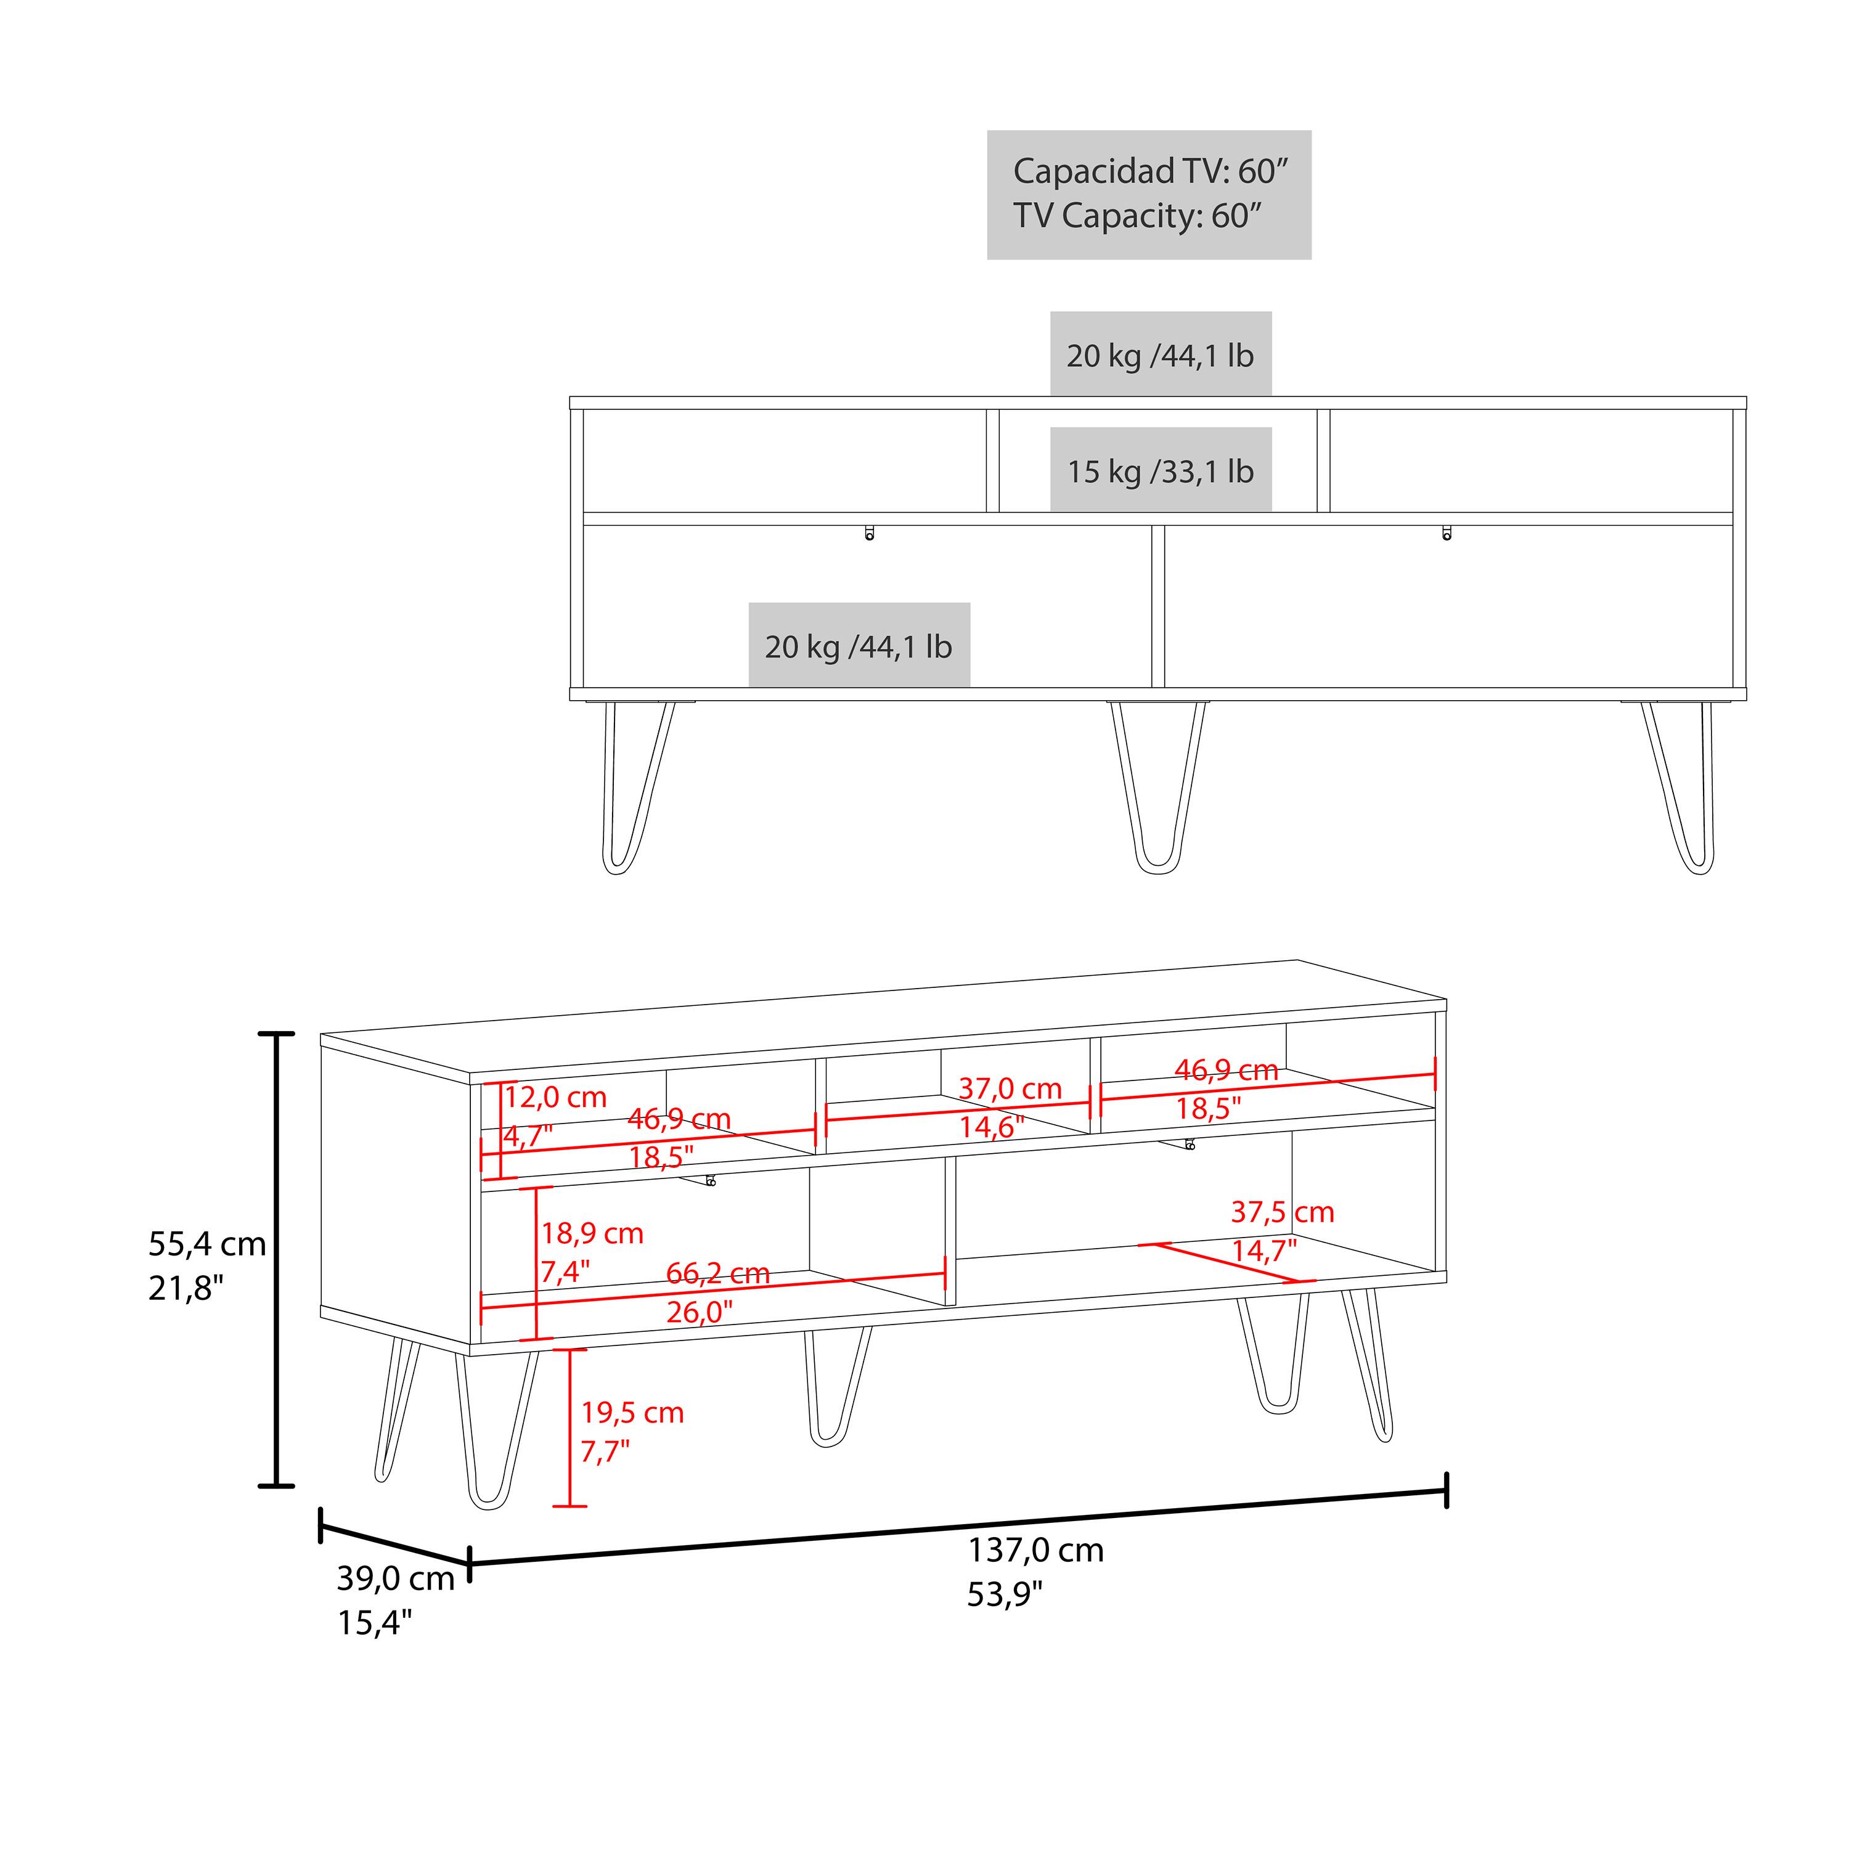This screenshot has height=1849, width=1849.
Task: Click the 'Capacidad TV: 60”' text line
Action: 1150,171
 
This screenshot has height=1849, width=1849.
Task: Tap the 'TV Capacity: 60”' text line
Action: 1137,216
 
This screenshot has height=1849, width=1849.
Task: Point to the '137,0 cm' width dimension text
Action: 1035,1549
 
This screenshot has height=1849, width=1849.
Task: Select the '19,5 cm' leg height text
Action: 632,1413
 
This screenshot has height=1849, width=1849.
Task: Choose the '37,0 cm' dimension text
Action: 1010,1088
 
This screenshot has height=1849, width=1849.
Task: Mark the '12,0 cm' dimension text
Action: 555,1097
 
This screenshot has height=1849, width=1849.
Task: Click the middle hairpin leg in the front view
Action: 1158,790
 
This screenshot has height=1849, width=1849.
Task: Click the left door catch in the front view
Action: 869,533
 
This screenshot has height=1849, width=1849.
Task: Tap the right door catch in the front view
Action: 1446,533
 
